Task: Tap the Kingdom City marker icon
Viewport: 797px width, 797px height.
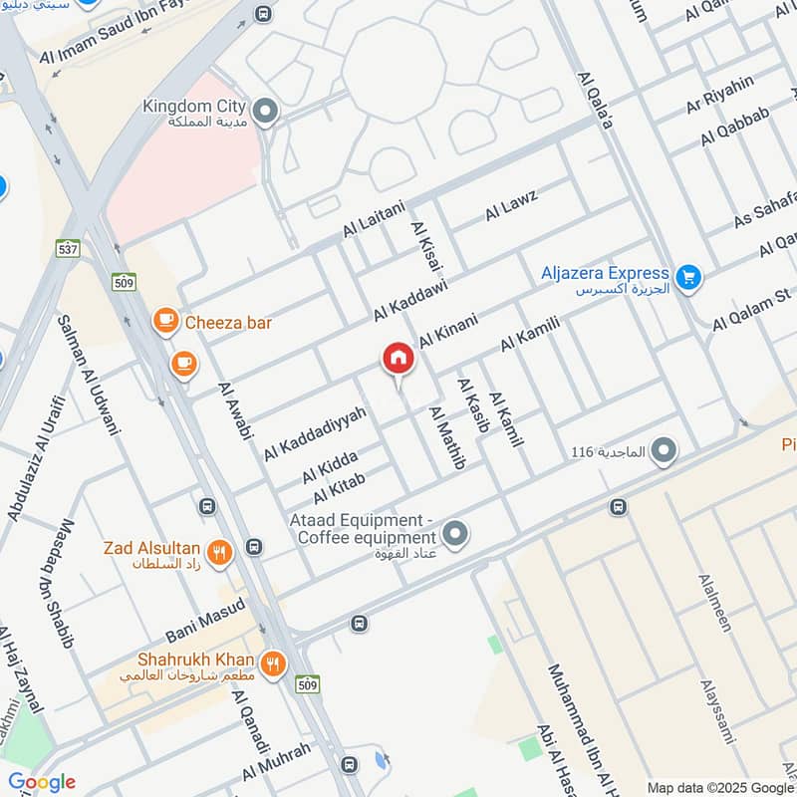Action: click(x=264, y=113)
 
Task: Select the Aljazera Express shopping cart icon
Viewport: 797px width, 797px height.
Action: click(x=687, y=279)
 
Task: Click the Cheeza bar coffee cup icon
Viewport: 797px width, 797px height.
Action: click(x=165, y=322)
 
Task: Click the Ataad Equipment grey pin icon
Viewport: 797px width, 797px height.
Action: click(x=455, y=535)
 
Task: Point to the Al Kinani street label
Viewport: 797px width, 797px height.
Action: click(x=448, y=330)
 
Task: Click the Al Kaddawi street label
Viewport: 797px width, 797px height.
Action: click(x=410, y=299)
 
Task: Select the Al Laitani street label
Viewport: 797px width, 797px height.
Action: click(x=374, y=218)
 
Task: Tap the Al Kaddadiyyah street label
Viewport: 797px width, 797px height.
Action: click(x=315, y=432)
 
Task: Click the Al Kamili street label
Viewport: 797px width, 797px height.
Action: click(x=531, y=333)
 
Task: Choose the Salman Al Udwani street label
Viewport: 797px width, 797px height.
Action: click(x=89, y=375)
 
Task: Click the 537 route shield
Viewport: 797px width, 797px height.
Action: click(x=69, y=248)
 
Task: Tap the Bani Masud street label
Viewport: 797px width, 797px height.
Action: click(x=204, y=620)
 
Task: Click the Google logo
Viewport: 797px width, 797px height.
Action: click(x=41, y=782)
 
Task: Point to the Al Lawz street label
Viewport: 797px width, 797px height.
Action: click(x=511, y=204)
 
